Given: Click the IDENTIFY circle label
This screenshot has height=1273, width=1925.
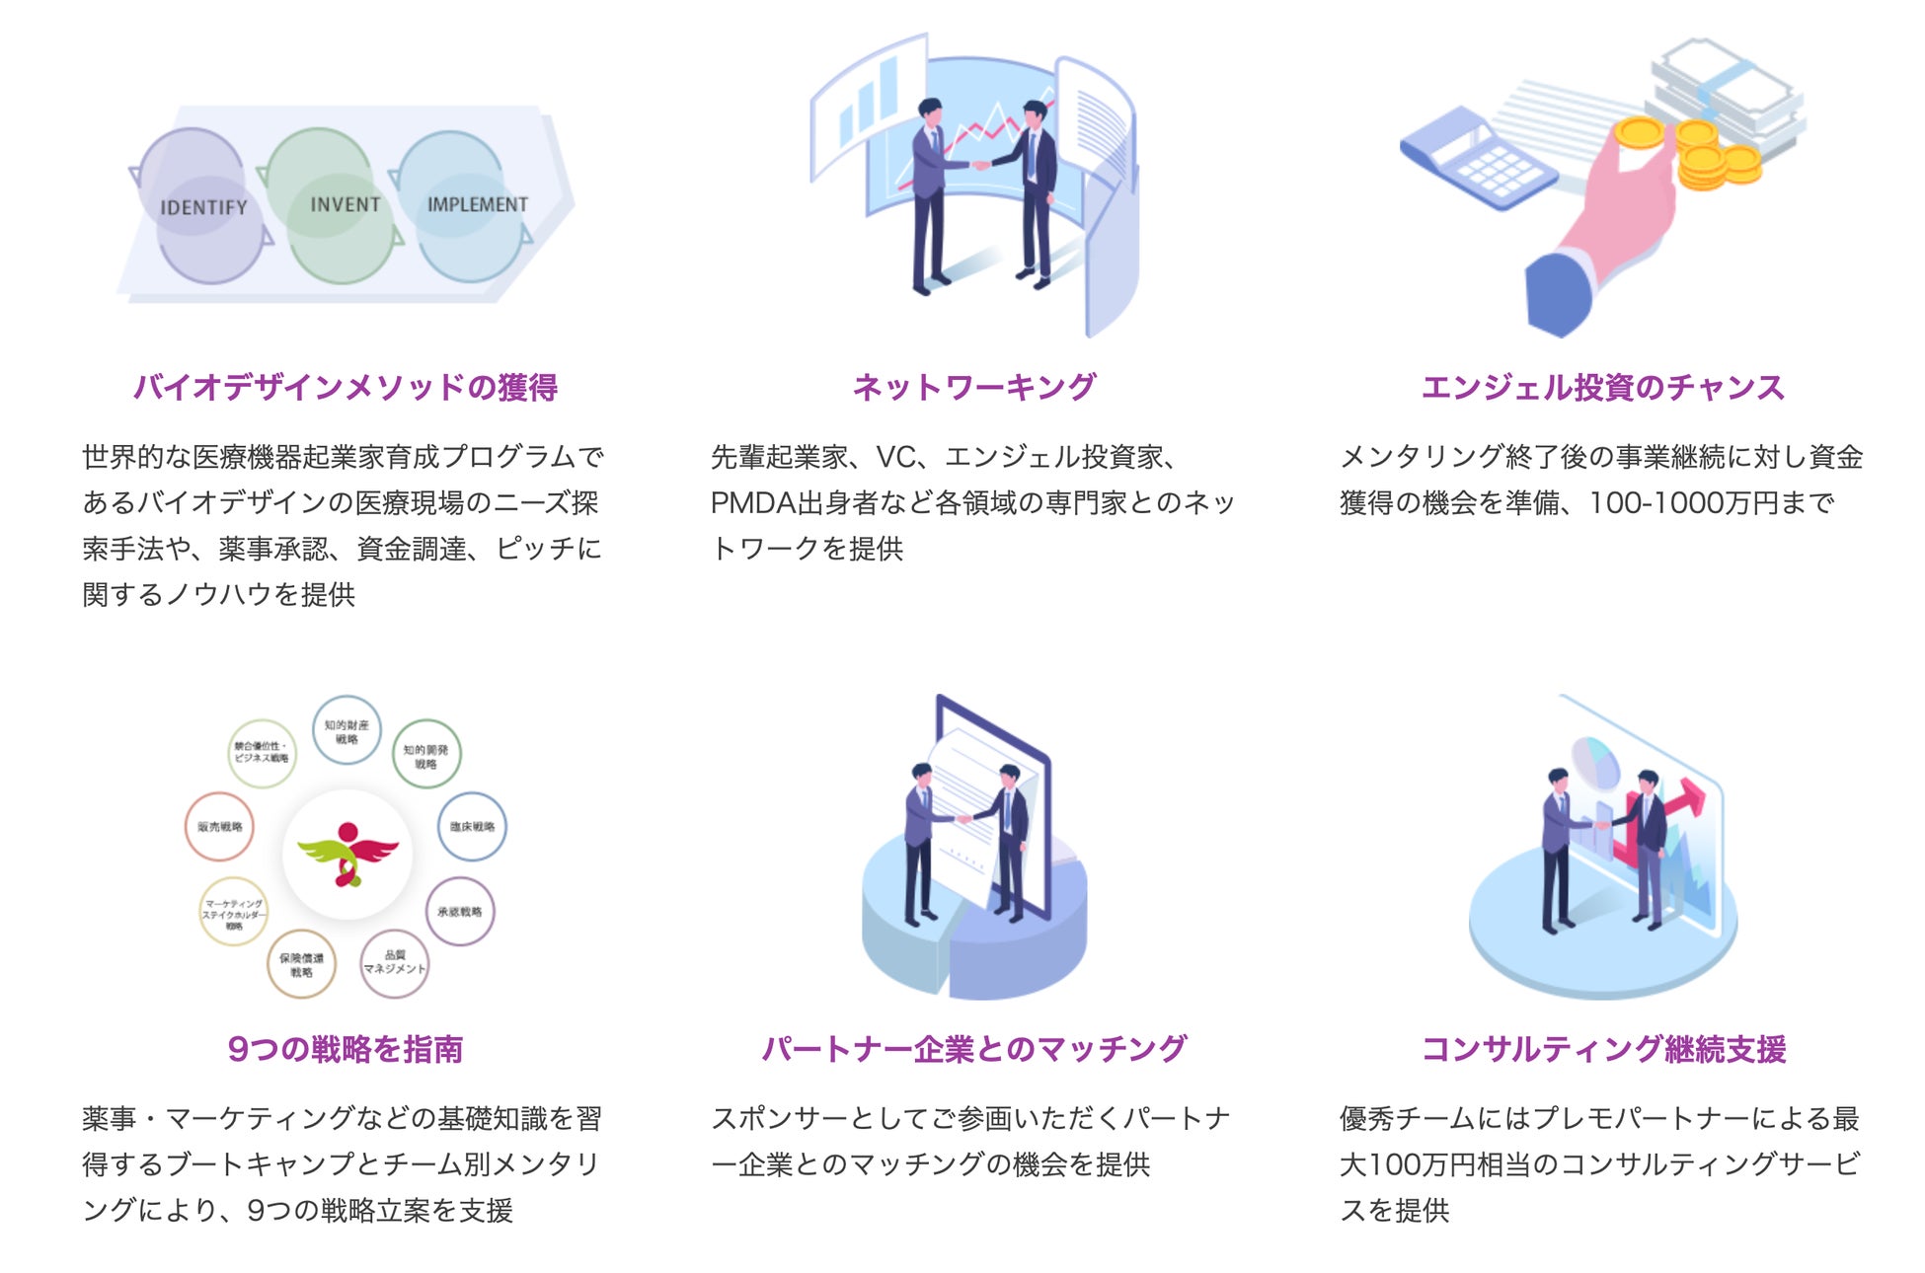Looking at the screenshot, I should coord(203,207).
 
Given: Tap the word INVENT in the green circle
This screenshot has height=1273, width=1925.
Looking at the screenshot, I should coord(345,204).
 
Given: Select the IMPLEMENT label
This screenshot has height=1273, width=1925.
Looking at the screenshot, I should coord(477,204).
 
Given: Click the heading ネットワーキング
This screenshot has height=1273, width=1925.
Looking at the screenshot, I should coord(973,387).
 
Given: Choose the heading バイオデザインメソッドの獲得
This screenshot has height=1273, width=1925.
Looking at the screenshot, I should coord(346,387).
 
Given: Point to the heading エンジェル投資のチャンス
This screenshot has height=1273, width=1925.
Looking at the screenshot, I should coord(1602,387).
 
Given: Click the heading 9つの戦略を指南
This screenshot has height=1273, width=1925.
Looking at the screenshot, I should coord(346,1048).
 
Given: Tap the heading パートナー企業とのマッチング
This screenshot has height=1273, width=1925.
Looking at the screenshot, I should coord(973,1048).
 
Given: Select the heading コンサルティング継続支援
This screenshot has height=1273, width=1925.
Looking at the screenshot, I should coord(1603,1048).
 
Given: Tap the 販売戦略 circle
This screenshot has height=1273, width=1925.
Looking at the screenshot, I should coord(219,827).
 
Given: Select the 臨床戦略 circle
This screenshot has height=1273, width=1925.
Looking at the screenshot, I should coord(472,827).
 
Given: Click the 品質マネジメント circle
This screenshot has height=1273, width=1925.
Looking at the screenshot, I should coord(394,963).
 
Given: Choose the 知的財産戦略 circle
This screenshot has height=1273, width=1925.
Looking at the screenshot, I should coord(346,731).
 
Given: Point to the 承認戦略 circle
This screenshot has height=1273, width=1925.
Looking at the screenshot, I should coord(460,912).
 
